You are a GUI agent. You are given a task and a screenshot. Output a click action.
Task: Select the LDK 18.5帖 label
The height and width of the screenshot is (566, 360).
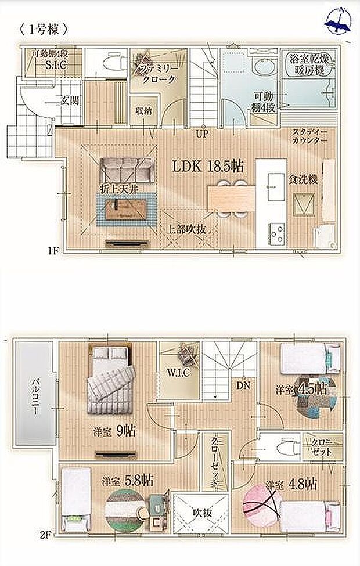(x=207, y=166)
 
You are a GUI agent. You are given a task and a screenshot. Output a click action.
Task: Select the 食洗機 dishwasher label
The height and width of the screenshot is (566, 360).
(x=304, y=180)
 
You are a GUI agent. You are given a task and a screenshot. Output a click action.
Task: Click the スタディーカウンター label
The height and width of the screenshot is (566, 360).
(x=309, y=136)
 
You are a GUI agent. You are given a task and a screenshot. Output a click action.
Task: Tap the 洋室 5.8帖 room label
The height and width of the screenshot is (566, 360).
(x=127, y=481)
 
